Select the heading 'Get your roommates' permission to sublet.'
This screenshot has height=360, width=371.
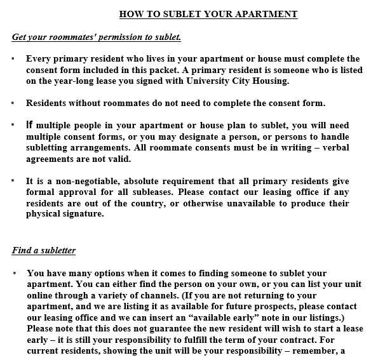point(97,37)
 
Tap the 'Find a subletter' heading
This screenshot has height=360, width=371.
point(44,251)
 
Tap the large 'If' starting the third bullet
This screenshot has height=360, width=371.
point(30,125)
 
